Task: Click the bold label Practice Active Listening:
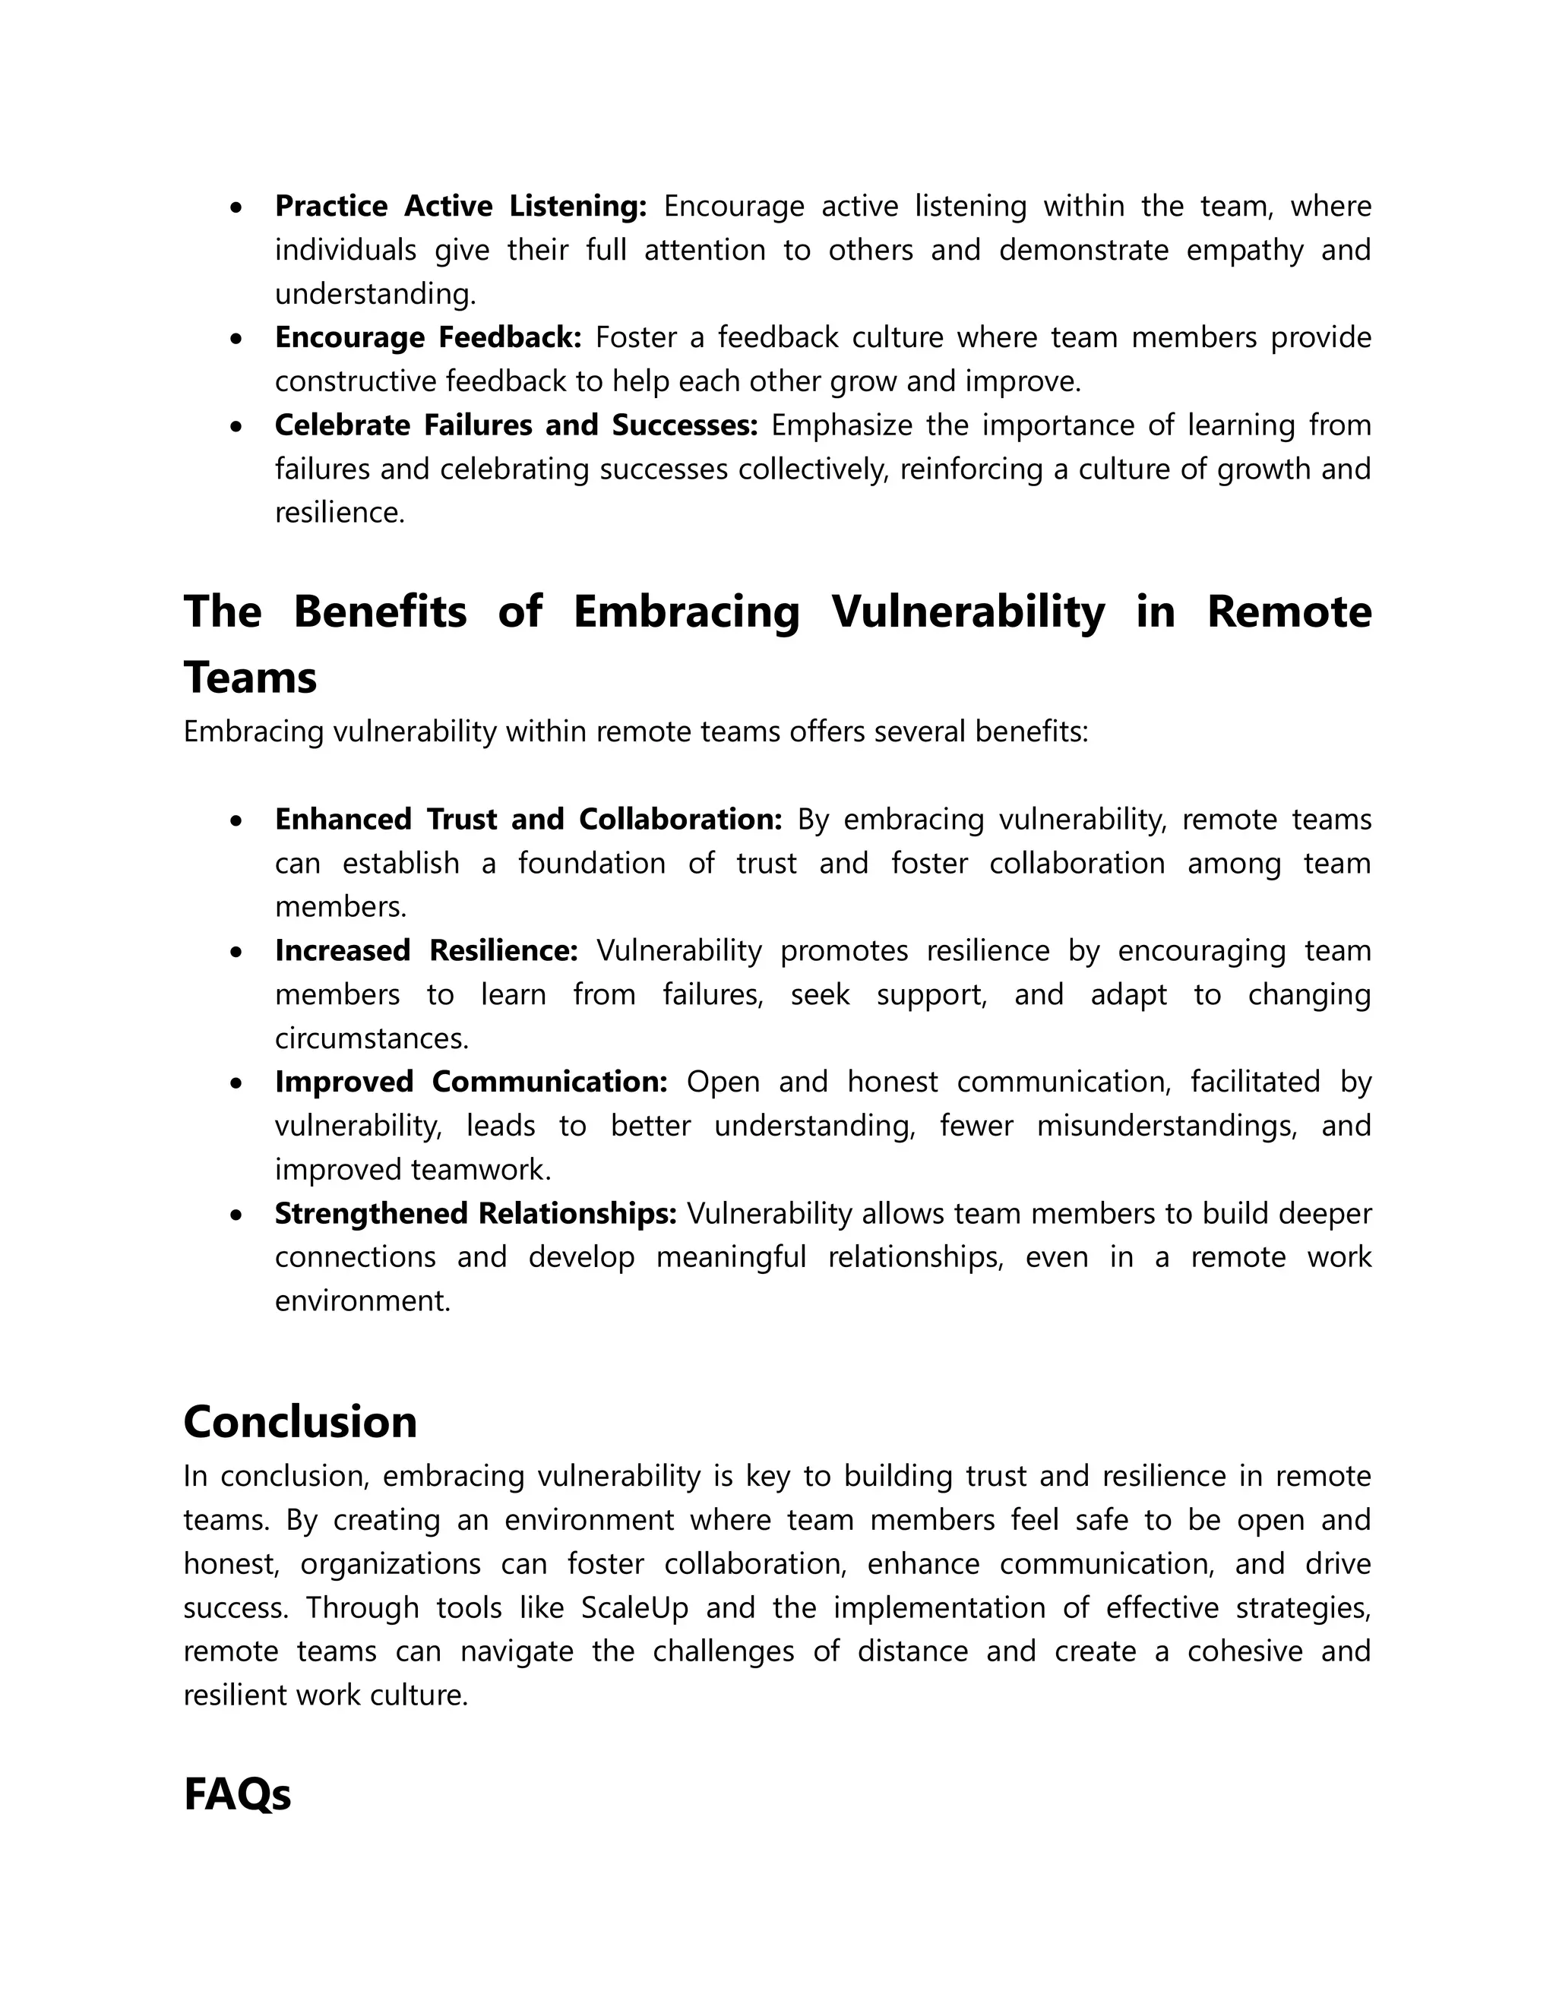[461, 206]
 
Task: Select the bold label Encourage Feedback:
[428, 337]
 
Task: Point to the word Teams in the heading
[250, 678]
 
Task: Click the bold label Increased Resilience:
[426, 950]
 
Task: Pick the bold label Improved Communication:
[471, 1081]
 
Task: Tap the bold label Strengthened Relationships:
[476, 1213]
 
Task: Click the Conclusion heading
[301, 1421]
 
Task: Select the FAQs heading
[237, 1794]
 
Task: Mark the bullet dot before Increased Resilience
[238, 952]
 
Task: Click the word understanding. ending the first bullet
[376, 294]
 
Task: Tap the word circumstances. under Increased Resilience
[372, 1038]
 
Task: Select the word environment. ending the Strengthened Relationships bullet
[363, 1300]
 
